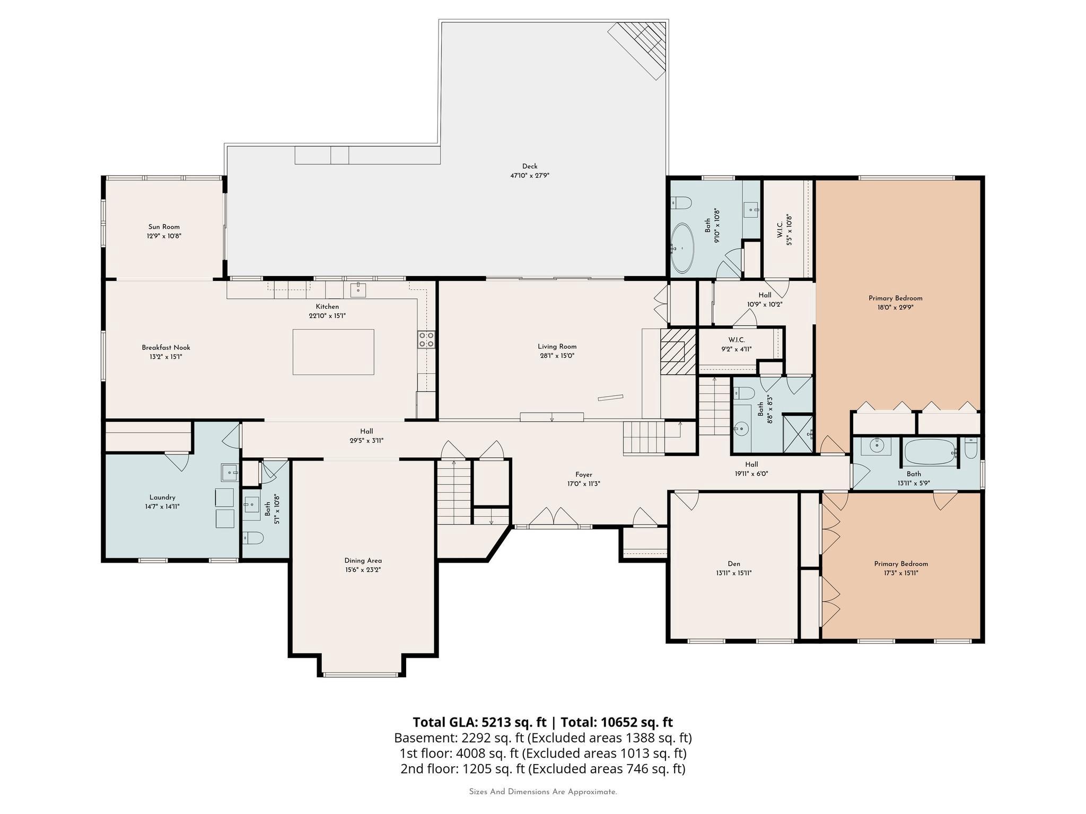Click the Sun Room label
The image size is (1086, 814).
tap(164, 227)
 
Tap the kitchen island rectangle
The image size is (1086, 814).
tap(333, 352)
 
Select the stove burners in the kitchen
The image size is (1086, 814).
tap(426, 339)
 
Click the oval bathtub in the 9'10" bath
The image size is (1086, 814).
tap(682, 247)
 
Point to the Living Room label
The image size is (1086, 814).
tap(557, 347)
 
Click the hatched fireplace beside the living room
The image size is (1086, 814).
tap(678, 351)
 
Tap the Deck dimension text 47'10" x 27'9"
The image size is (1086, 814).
tap(530, 175)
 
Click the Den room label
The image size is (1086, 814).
tap(734, 564)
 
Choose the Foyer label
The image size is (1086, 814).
tap(584, 475)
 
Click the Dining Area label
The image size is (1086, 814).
tap(363, 561)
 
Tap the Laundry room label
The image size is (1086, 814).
tap(162, 497)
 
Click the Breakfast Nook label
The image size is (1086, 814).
tap(166, 348)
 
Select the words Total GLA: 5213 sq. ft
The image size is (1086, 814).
tap(479, 722)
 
